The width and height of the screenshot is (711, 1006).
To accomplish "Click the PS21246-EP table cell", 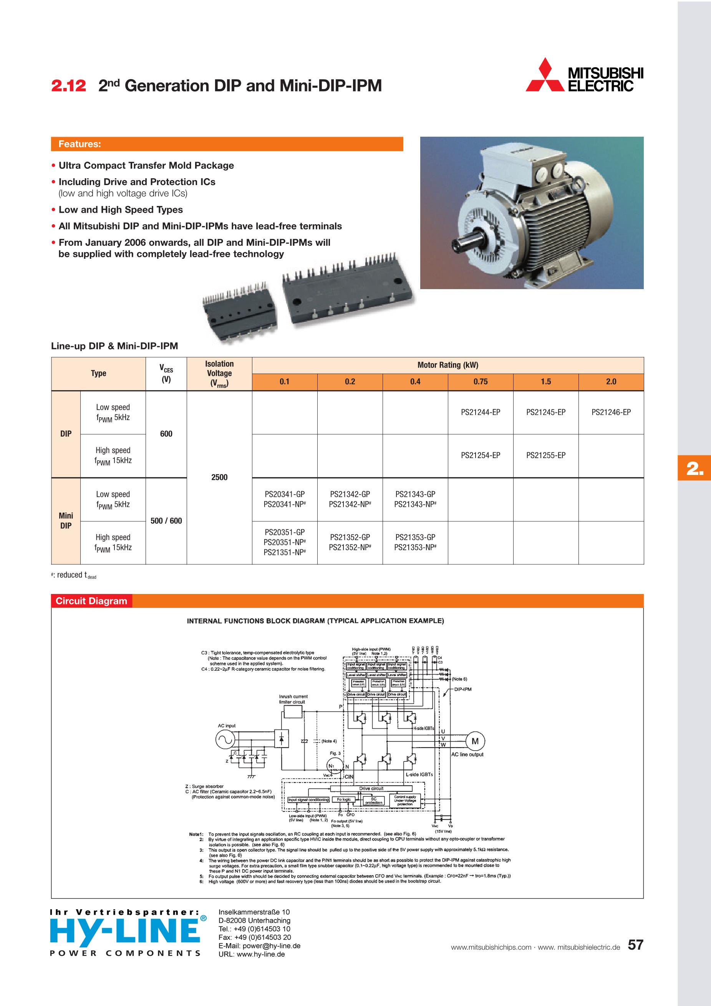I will (611, 412).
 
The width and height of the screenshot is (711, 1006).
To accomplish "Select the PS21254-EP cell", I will (480, 455).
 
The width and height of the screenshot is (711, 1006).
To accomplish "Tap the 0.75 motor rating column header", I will (480, 382).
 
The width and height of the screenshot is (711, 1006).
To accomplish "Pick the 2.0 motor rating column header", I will (611, 382).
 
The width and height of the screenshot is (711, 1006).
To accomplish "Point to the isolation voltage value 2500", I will (219, 477).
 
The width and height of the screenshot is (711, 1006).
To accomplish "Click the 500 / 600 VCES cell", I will (166, 521).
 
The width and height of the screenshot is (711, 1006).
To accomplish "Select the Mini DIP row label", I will (66, 521).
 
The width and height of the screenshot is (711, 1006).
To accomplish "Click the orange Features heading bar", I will (227, 144).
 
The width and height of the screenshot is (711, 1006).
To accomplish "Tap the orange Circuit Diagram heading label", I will (91, 601).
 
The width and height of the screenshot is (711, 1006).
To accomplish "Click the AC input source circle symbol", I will (224, 740).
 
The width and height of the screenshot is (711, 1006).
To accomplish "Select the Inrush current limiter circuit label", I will (293, 699).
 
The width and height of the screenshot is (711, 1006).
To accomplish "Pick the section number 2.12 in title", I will (68, 86).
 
